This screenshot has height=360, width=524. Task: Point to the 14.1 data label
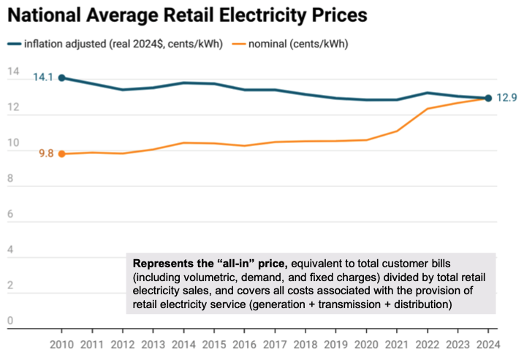43,77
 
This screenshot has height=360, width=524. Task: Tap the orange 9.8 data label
46,153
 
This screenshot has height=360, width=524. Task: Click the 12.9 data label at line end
507,98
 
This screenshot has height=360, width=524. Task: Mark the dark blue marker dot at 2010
61,77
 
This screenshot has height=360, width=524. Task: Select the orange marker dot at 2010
61,153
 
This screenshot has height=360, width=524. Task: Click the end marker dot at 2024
487,98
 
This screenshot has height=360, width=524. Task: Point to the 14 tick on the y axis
13,72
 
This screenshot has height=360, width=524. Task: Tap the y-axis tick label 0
10,321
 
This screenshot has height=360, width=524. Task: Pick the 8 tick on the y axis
10,178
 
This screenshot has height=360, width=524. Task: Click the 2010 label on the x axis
61,342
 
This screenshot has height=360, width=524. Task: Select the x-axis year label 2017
274,342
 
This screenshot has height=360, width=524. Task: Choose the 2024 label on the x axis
487,342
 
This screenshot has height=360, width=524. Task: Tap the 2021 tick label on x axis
395,342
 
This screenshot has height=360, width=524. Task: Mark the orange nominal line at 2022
427,109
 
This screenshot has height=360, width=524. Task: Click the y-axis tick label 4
10,250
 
